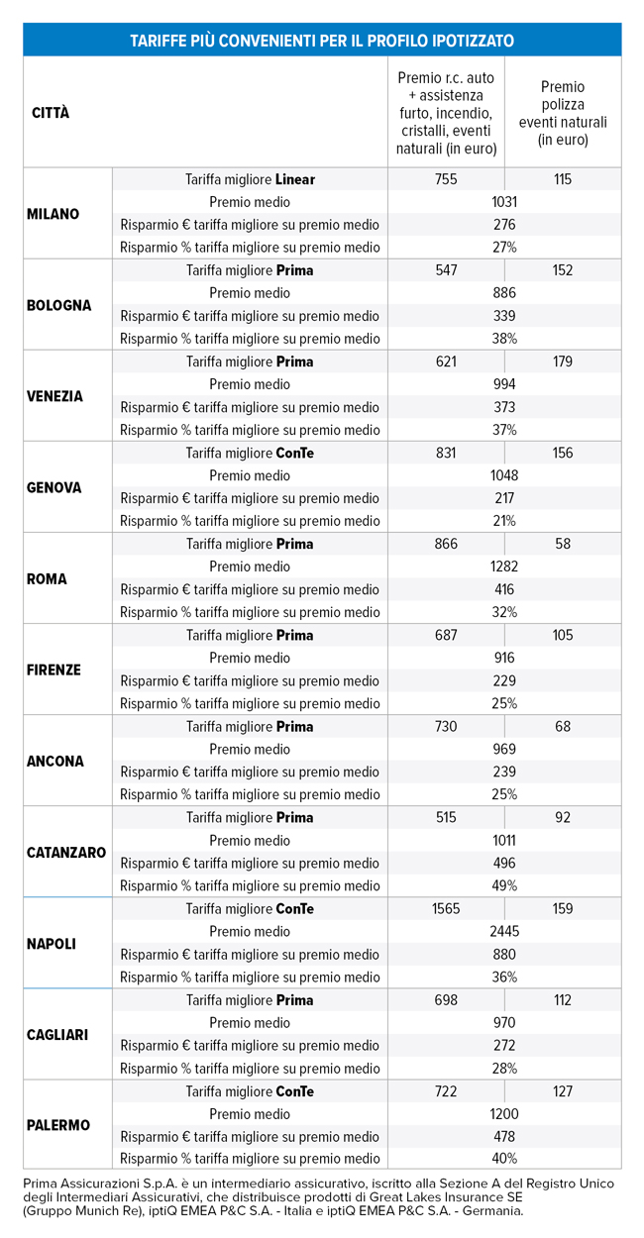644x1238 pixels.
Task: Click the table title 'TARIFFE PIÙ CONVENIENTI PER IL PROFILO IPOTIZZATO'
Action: [322, 41]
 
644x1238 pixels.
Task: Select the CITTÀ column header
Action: [52, 113]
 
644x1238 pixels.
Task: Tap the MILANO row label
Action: [54, 214]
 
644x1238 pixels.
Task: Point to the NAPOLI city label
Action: [52, 944]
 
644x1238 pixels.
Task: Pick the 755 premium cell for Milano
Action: [446, 179]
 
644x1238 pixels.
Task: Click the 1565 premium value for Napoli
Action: [446, 908]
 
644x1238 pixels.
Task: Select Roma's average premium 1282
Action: [504, 567]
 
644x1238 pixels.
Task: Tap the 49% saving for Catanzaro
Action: [504, 885]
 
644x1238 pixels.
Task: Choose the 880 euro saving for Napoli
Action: [504, 954]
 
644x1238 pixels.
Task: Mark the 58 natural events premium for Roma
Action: [563, 544]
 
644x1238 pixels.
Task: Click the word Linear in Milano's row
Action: [295, 179]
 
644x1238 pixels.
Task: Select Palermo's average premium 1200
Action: [504, 1113]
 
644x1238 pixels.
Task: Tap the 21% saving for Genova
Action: [504, 521]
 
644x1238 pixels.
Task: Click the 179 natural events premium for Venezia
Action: [563, 361]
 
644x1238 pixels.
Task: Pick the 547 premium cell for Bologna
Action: [446, 270]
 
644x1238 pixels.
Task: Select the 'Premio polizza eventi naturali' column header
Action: [563, 113]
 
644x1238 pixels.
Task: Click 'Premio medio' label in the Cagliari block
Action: [250, 1022]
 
